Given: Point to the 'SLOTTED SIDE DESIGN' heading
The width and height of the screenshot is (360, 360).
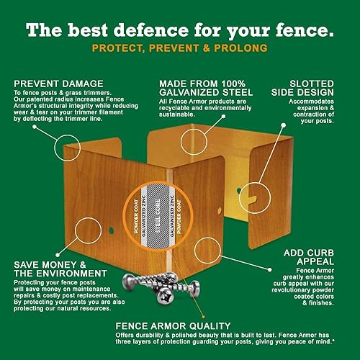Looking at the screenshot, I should coord(312,89).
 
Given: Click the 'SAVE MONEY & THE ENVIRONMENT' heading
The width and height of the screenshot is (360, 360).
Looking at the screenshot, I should coord(59,271).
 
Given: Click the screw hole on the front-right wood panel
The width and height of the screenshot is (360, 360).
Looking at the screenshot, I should coord(219,211).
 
